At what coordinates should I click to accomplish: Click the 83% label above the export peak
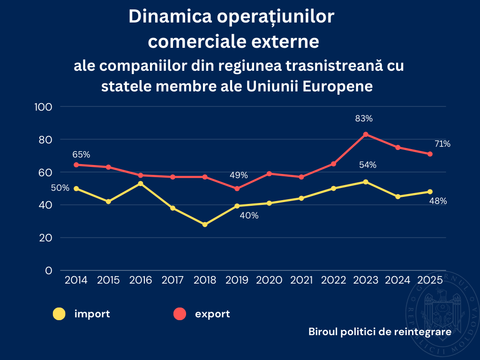pyautogui.click(x=364, y=119)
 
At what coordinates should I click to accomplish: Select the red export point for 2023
pyautogui.click(x=366, y=134)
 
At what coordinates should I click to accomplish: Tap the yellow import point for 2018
pyautogui.click(x=205, y=225)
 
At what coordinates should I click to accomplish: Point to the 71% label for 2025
pyautogui.click(x=442, y=144)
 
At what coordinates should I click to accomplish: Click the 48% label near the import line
pyautogui.click(x=438, y=201)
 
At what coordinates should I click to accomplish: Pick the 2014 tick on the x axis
pyautogui.click(x=76, y=280)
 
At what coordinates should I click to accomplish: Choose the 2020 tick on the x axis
pyautogui.click(x=269, y=280)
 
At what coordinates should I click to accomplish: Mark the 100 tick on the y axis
pyautogui.click(x=43, y=107)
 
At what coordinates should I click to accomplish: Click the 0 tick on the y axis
pyautogui.click(x=48, y=270)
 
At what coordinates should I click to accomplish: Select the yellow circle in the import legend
pyautogui.click(x=59, y=314)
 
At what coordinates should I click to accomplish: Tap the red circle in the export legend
pyautogui.click(x=180, y=314)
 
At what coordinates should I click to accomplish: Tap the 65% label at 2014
pyautogui.click(x=81, y=154)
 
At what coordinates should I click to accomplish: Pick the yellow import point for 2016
pyautogui.click(x=141, y=183)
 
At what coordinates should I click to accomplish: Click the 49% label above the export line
pyautogui.click(x=239, y=175)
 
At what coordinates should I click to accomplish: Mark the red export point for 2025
pyautogui.click(x=430, y=154)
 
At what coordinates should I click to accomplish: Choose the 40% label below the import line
pyautogui.click(x=249, y=216)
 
